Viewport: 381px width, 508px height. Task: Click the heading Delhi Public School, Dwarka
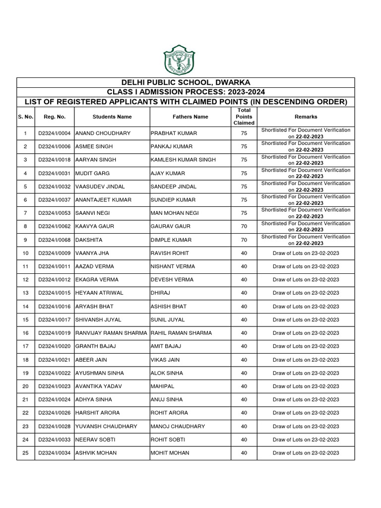(x=186, y=82)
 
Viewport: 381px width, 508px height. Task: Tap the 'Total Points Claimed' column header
(x=244, y=117)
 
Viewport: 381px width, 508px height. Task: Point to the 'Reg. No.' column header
(x=54, y=117)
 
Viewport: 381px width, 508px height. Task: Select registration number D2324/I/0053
(x=54, y=213)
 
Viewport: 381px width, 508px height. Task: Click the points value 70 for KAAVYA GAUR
(x=244, y=226)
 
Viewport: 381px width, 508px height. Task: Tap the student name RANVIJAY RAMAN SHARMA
(x=111, y=333)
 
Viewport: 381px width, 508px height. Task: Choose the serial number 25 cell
(x=25, y=452)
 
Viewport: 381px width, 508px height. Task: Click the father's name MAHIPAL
(x=162, y=386)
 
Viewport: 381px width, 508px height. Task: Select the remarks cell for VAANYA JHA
(x=306, y=253)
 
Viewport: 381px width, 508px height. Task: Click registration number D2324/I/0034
(x=54, y=452)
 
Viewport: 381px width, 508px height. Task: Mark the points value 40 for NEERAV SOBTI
(x=244, y=439)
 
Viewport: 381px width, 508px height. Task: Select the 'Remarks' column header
(x=306, y=117)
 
